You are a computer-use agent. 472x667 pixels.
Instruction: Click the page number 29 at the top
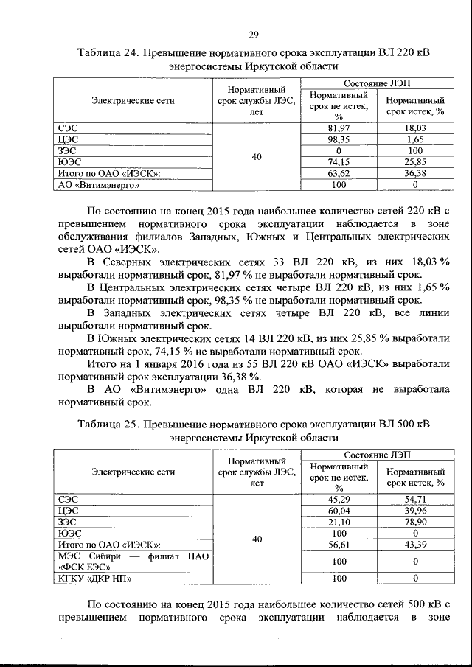[253, 35]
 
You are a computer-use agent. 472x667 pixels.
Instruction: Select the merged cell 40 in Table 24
[257, 156]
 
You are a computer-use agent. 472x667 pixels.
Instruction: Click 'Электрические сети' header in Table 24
[133, 100]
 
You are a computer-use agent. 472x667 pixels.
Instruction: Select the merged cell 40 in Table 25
[257, 539]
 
